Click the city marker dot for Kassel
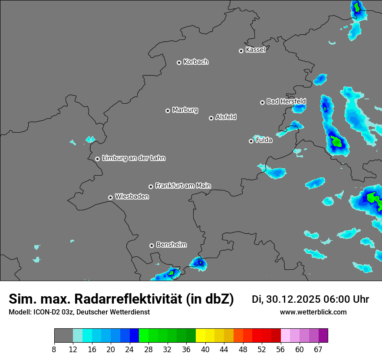[241, 51]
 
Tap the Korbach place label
[196, 62]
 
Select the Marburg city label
[185, 110]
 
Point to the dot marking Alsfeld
[211, 118]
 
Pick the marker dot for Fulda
[251, 141]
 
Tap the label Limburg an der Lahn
[133, 158]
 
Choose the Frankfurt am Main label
[183, 186]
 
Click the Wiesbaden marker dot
[110, 197]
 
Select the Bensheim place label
[171, 245]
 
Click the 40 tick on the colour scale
[205, 349]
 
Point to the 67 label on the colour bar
[318, 349]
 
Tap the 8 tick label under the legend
[54, 349]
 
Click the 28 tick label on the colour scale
[148, 349]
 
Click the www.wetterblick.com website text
[313, 312]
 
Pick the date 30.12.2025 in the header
[293, 299]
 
